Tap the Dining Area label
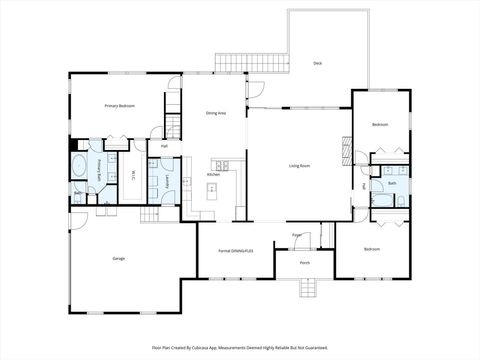216,114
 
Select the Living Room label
300,165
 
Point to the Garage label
119,258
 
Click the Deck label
318,63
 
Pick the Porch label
305,263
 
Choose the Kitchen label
213,175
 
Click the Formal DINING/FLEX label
237,249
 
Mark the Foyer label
297,235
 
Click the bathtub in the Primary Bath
80,165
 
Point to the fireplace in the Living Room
348,155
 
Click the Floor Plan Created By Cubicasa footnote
240,347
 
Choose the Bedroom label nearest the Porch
372,248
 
